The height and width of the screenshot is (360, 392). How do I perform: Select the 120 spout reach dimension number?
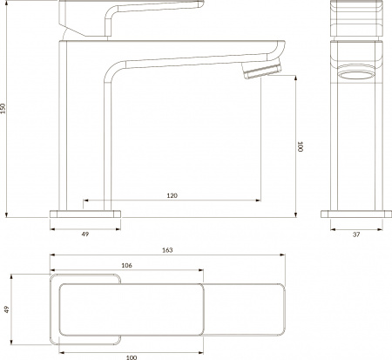tap(172, 196)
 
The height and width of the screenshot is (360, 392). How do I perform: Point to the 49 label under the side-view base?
tap(84, 234)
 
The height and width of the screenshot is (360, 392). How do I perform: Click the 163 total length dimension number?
tap(168, 250)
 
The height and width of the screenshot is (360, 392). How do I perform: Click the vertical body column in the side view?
tap(84, 131)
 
